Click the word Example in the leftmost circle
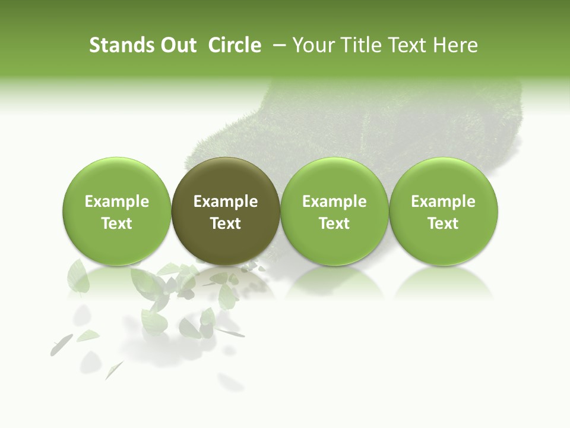(117, 202)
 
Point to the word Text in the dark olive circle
(226, 224)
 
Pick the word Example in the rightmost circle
(444, 202)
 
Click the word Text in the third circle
(334, 224)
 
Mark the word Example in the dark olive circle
(226, 202)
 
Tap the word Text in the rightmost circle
(444, 224)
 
